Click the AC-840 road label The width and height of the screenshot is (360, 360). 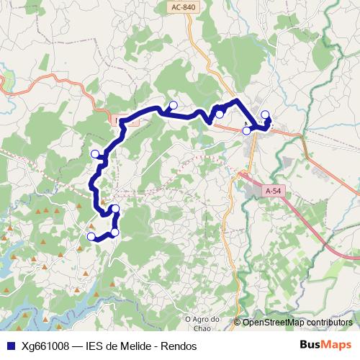click(184, 7)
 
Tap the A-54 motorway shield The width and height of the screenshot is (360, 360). click(273, 191)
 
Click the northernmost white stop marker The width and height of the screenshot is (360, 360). click(173, 106)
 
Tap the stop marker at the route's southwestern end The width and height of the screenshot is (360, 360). click(91, 236)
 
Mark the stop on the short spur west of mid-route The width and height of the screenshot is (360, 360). click(94, 153)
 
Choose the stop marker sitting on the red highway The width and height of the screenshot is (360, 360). click(246, 130)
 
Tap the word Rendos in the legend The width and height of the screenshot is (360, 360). click(179, 346)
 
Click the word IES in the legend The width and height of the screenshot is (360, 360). click(95, 346)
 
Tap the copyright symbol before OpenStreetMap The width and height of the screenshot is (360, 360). click(237, 323)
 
